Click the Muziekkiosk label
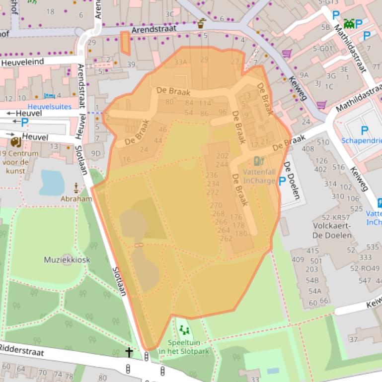click(67, 259)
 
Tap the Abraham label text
click(76, 198)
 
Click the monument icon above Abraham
click(76, 188)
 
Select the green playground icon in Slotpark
click(184, 330)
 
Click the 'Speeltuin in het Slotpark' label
click(184, 347)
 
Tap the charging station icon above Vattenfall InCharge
click(258, 161)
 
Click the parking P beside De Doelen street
click(282, 182)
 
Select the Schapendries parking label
click(361, 140)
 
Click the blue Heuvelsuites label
click(49, 107)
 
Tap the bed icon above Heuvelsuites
click(49, 96)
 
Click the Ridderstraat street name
click(22, 350)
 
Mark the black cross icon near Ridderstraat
click(129, 353)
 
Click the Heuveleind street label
click(22, 62)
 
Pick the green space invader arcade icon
click(349, 23)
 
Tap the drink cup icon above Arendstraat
click(201, 23)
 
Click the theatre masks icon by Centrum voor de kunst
click(16, 142)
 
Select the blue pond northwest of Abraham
click(52, 182)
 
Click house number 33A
click(181, 62)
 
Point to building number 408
click(308, 148)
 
